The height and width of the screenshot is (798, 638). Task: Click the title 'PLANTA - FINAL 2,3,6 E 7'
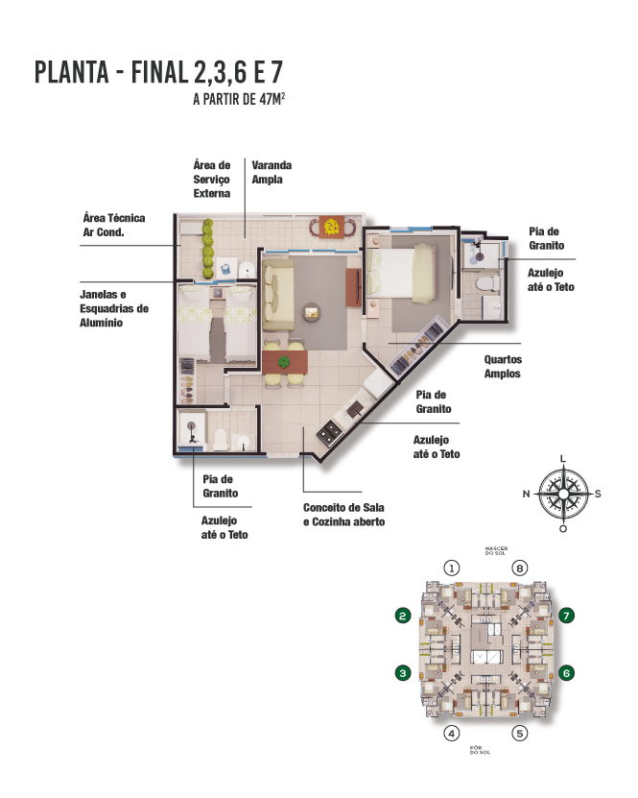158,72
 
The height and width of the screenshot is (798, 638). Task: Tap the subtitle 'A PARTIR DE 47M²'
239,99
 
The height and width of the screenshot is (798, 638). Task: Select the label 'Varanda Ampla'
272,172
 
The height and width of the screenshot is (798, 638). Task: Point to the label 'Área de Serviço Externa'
211,180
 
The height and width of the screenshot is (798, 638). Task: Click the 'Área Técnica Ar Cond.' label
114,225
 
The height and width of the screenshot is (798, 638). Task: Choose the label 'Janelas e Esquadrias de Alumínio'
114,308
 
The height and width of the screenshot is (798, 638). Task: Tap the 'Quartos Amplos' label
503,367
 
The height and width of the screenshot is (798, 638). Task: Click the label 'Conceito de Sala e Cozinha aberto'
343,515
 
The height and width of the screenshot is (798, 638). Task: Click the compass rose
563,494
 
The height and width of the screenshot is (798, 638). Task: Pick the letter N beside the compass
526,494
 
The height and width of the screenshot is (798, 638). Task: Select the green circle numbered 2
403,616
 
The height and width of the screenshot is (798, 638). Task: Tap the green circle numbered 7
566,616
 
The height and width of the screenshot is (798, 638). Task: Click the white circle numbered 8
519,568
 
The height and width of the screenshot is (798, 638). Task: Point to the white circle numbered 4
452,734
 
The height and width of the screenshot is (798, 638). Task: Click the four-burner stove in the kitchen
329,433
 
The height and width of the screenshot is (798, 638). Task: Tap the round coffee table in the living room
312,311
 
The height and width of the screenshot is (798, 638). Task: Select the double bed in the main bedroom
401,272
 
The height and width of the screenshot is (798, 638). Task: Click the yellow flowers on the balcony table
332,226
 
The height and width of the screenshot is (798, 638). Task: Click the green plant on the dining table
284,362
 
